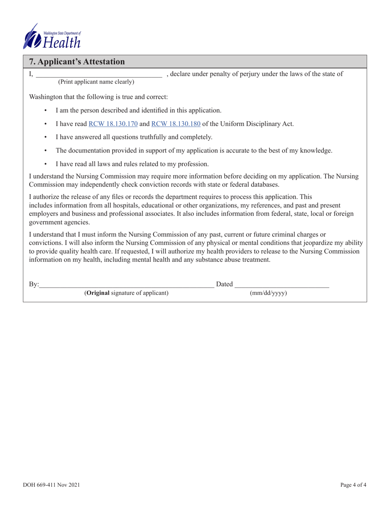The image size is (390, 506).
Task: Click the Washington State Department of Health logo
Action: click(x=52, y=36)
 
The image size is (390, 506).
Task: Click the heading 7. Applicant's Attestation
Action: click(x=77, y=62)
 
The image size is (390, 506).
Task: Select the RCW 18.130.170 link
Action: click(x=113, y=123)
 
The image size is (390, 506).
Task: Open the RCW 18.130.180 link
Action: click(x=176, y=123)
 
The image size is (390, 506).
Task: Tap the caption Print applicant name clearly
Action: click(x=96, y=82)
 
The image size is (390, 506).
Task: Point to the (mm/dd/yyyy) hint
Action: click(x=268, y=293)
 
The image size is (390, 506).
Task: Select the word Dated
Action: click(x=224, y=284)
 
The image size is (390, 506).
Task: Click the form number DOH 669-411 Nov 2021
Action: click(x=51, y=485)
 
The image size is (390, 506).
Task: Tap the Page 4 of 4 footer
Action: click(x=353, y=485)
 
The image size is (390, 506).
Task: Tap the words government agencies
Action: click(x=59, y=223)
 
